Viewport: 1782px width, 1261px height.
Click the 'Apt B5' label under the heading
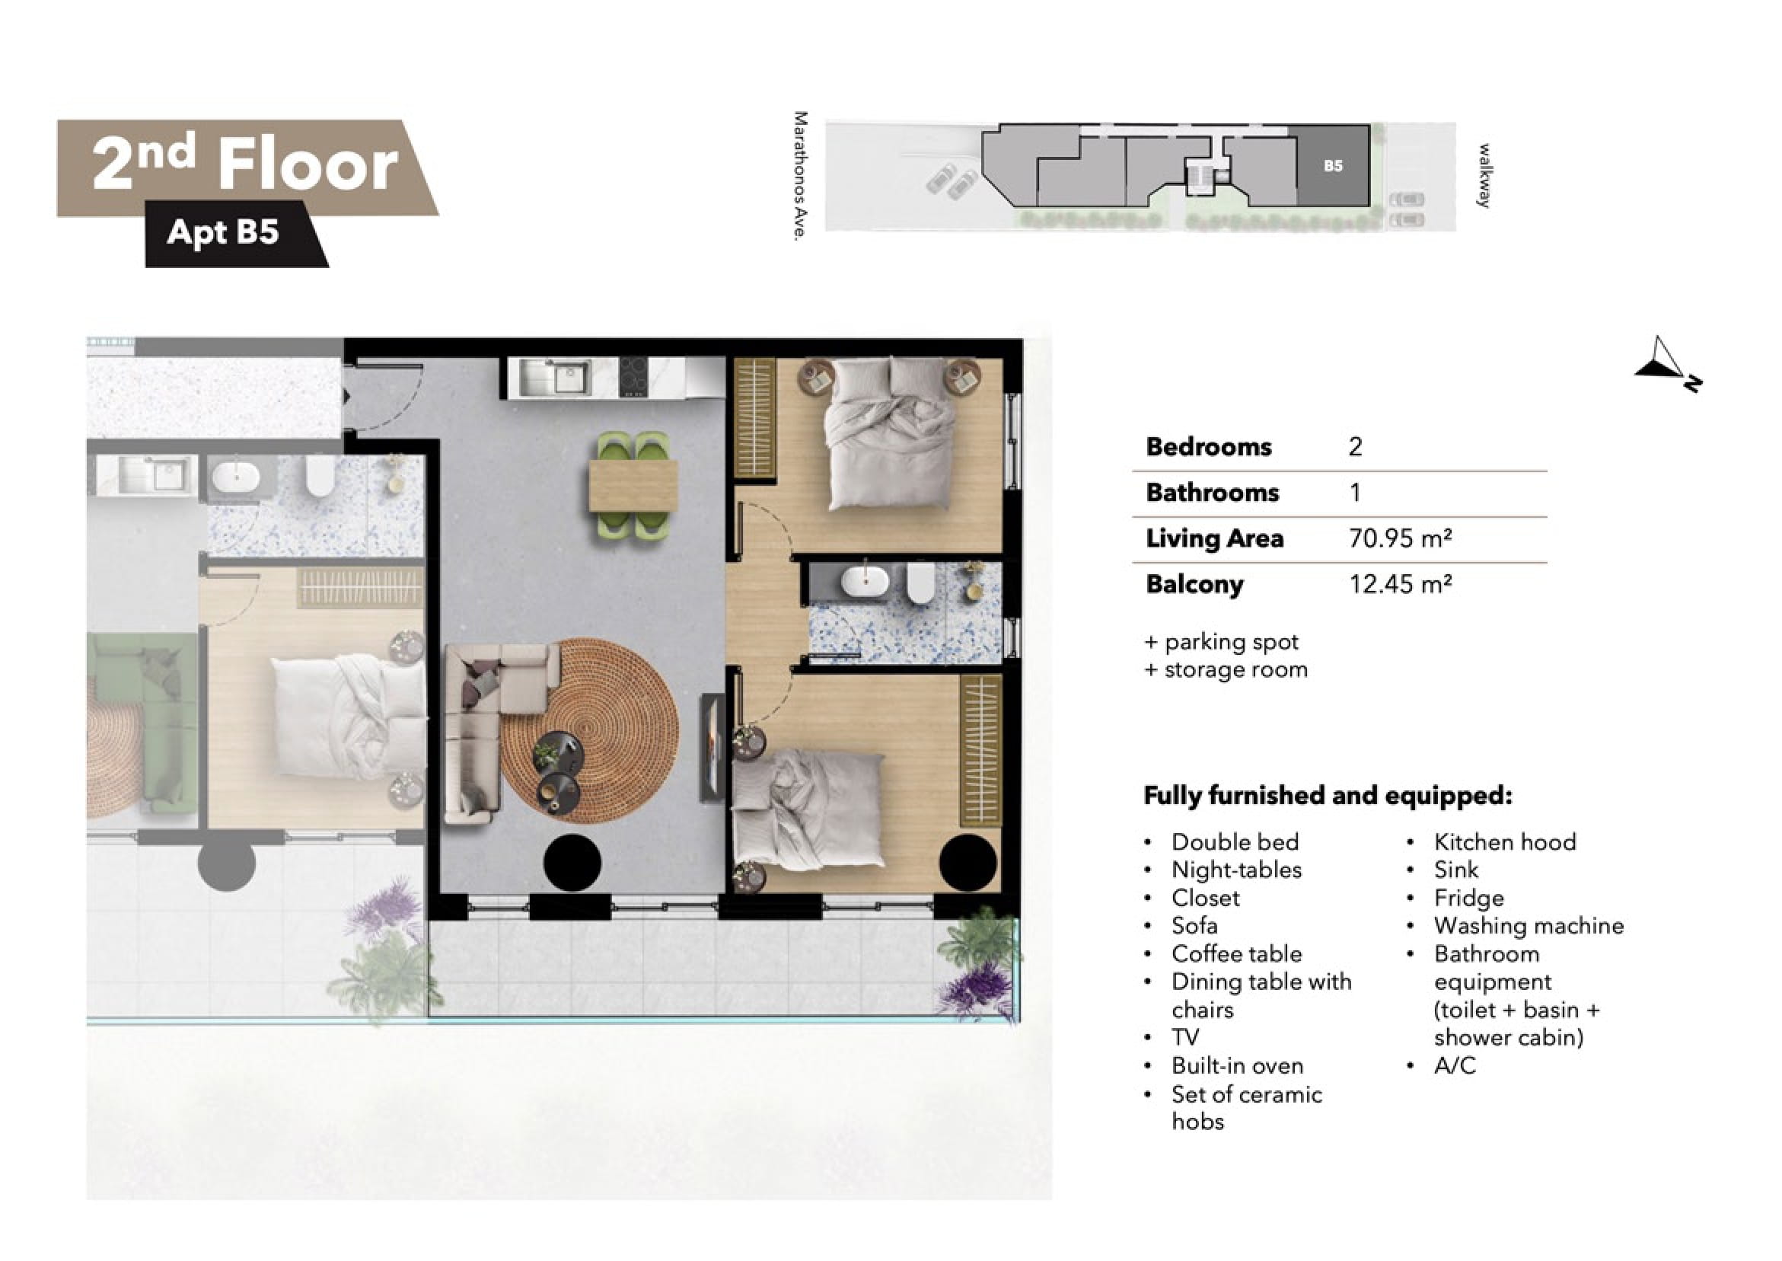223,232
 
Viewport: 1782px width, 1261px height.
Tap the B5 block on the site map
1334,165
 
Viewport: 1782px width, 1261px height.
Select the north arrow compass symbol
1667,364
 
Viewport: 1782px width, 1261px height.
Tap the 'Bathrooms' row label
1213,492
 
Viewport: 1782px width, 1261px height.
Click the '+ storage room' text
1226,669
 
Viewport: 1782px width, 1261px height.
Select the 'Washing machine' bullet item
1529,925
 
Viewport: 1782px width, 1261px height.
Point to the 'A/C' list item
1455,1065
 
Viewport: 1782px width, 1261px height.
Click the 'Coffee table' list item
1236,953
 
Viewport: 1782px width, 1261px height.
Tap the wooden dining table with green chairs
633,486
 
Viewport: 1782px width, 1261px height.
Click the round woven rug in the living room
590,731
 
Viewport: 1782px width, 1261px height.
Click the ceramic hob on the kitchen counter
635,377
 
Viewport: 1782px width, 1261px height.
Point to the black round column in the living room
572,863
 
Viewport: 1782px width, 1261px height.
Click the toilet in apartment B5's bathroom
920,583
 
